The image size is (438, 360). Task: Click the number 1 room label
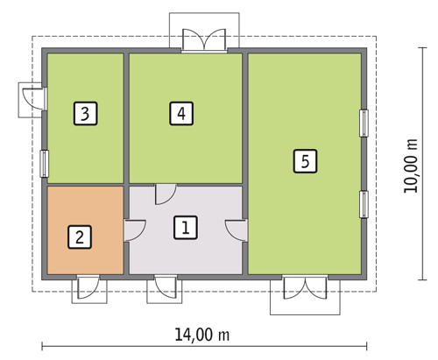tap(185, 228)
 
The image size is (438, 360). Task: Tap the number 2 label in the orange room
tap(79, 236)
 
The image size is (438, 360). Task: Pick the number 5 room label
tap(304, 161)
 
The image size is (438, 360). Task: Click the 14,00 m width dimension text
tap(204, 334)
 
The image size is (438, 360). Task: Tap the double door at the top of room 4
tap(203, 40)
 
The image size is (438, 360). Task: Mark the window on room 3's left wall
tap(43, 163)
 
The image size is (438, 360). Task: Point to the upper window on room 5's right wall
tap(363, 123)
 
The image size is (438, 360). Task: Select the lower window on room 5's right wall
tap(363, 204)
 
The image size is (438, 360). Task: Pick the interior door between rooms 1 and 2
tap(135, 229)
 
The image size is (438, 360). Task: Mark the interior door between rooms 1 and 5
tap(236, 229)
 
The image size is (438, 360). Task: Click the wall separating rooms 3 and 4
tap(125, 117)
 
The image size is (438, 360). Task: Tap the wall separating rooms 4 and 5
tap(245, 117)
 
